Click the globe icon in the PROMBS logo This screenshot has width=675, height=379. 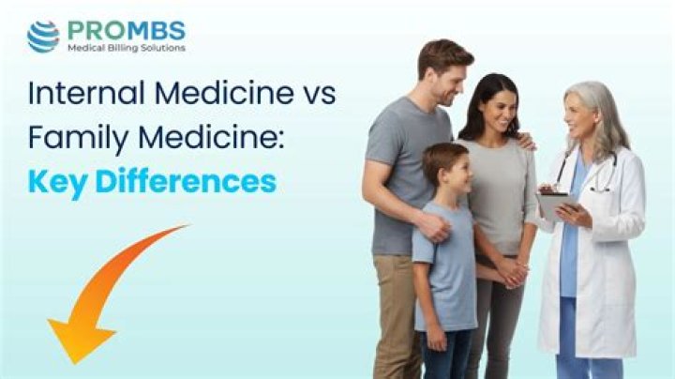(x=43, y=37)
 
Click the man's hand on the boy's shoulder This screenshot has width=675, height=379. (x=432, y=224)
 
